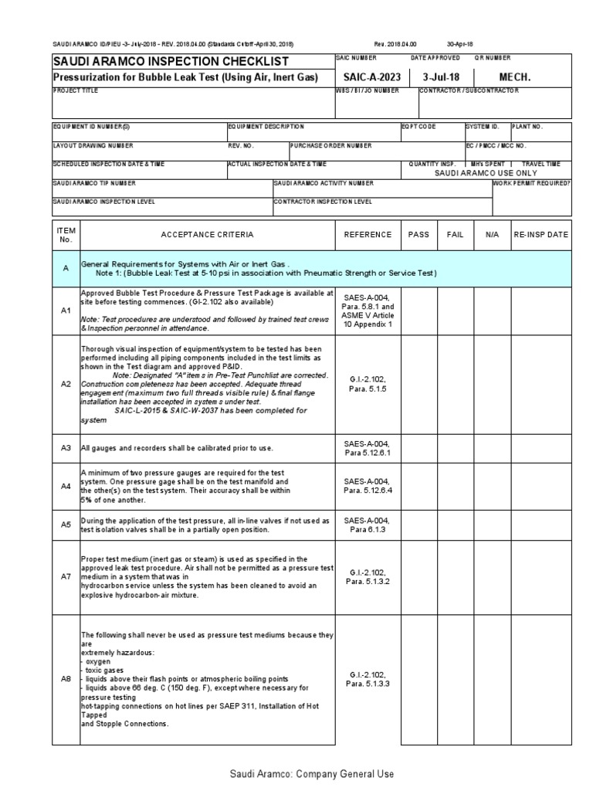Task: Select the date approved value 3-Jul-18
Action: click(440, 77)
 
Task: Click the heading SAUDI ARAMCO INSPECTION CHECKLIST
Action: click(171, 61)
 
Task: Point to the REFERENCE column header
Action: click(368, 234)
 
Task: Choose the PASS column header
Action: click(418, 234)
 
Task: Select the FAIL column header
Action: click(456, 234)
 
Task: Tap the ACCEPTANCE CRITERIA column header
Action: click(206, 234)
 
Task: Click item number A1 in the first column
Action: click(66, 310)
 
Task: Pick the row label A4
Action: click(66, 486)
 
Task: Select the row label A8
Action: click(66, 679)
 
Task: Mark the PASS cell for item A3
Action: click(418, 447)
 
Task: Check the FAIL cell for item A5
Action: click(456, 525)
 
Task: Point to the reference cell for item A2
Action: click(368, 384)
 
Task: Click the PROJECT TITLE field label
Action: click(76, 91)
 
